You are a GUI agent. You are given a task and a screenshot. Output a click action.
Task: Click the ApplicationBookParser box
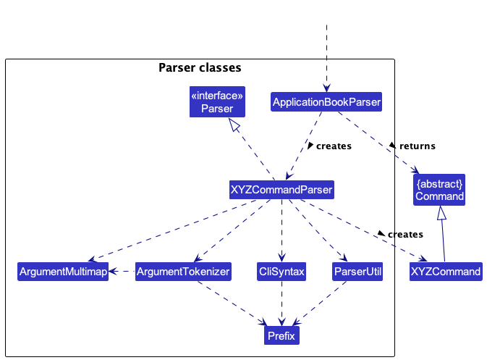click(326, 101)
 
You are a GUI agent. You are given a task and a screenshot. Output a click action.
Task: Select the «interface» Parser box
click(217, 101)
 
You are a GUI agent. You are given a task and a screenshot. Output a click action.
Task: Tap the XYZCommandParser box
click(281, 190)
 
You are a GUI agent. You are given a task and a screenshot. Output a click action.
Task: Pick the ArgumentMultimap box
click(63, 272)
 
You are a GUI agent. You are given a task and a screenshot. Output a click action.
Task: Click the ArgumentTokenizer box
click(183, 272)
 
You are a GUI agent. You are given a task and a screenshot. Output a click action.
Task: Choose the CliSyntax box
click(281, 272)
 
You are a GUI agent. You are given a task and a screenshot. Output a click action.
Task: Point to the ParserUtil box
click(357, 272)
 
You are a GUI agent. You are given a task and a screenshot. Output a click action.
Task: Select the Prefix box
click(281, 335)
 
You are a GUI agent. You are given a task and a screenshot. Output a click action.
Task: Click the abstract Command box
click(439, 190)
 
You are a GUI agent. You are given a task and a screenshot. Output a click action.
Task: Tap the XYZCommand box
click(446, 272)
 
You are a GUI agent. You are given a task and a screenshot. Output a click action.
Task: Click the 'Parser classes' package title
click(200, 67)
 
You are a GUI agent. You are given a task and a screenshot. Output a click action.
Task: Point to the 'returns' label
click(417, 146)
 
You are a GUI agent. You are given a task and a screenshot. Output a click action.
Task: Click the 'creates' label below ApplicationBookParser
click(334, 146)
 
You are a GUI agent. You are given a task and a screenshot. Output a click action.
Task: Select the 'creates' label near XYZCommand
click(405, 234)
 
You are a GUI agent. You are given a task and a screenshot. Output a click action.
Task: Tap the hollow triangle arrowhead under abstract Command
click(441, 213)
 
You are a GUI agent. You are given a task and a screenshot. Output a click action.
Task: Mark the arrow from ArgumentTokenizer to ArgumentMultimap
click(122, 272)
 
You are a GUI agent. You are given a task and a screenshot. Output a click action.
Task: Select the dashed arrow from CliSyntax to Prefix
click(281, 304)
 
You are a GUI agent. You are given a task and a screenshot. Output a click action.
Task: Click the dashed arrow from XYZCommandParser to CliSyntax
click(281, 230)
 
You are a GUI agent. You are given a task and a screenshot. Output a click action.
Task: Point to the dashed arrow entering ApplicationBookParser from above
click(326, 59)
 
